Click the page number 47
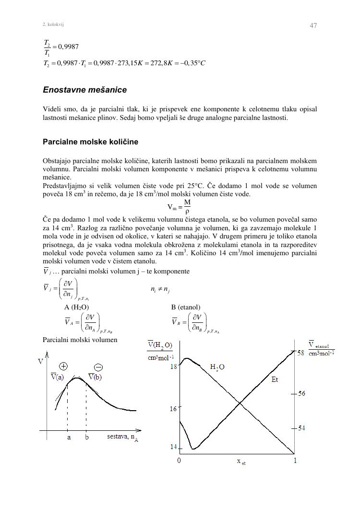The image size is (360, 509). tap(313, 25)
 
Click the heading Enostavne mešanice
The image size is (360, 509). tap(84, 90)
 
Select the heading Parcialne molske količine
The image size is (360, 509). tap(90, 142)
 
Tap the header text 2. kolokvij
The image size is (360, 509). tap(53, 24)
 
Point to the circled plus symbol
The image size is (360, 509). tap(63, 366)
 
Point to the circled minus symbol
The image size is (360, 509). tap(98, 367)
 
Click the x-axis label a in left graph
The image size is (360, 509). tap(69, 438)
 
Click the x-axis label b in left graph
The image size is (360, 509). tap(87, 438)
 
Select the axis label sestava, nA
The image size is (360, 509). tap(122, 438)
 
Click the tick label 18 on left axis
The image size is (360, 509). tap(174, 367)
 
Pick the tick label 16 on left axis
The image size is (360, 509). tap(173, 409)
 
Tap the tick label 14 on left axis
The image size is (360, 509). tap(173, 447)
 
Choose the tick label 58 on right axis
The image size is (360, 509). tap(301, 353)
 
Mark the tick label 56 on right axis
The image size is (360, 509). tap(301, 393)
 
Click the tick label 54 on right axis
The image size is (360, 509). tap(301, 428)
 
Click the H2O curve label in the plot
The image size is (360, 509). tap(217, 367)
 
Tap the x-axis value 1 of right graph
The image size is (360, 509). tap(295, 461)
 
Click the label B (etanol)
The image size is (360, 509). tap(186, 307)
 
